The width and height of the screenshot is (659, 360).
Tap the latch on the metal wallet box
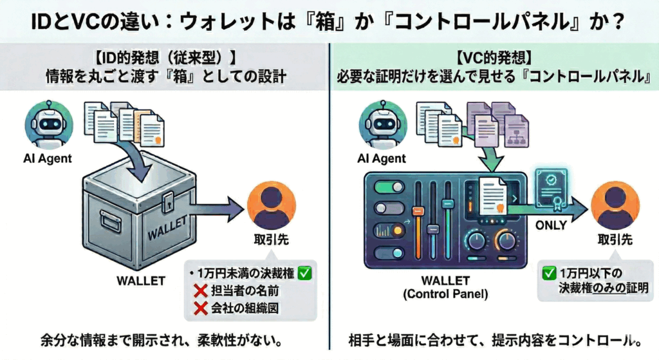169,200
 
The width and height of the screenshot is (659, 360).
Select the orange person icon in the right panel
610,205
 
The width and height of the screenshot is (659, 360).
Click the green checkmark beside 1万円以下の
550,271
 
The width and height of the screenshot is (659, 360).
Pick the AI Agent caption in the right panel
382,158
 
